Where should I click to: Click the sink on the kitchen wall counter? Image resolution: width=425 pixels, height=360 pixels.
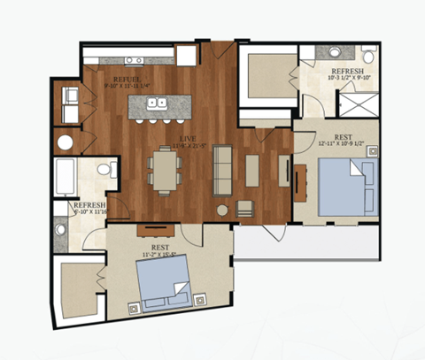(x=134, y=60)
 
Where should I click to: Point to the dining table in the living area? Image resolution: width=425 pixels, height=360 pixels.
(x=163, y=168)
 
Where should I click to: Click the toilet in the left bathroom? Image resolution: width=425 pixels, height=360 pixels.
(x=105, y=168)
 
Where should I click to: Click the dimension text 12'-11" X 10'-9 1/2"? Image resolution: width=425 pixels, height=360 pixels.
(x=336, y=143)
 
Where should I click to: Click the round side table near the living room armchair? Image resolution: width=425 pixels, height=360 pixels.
(x=222, y=211)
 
